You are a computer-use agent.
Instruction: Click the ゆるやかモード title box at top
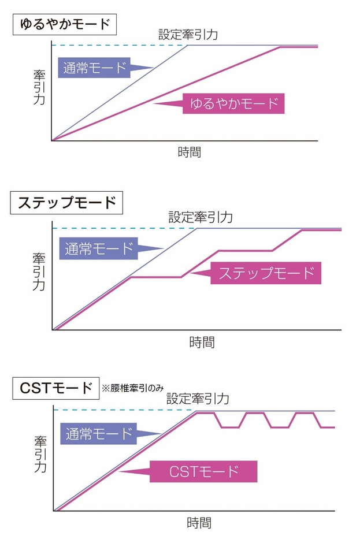(65, 25)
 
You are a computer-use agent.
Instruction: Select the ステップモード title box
(67, 203)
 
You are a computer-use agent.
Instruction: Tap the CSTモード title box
(54, 388)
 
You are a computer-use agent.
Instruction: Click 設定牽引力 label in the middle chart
(200, 217)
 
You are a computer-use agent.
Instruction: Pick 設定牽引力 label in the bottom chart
(198, 399)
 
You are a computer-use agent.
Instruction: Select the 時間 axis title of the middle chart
(202, 342)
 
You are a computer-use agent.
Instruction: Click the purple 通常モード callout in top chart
(95, 68)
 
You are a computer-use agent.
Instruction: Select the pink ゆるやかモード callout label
(233, 103)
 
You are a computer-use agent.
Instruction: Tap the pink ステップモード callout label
(266, 273)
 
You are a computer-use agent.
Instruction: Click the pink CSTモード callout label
(203, 471)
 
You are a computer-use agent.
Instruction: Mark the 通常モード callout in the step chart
(99, 249)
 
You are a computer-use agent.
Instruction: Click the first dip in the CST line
(230, 427)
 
